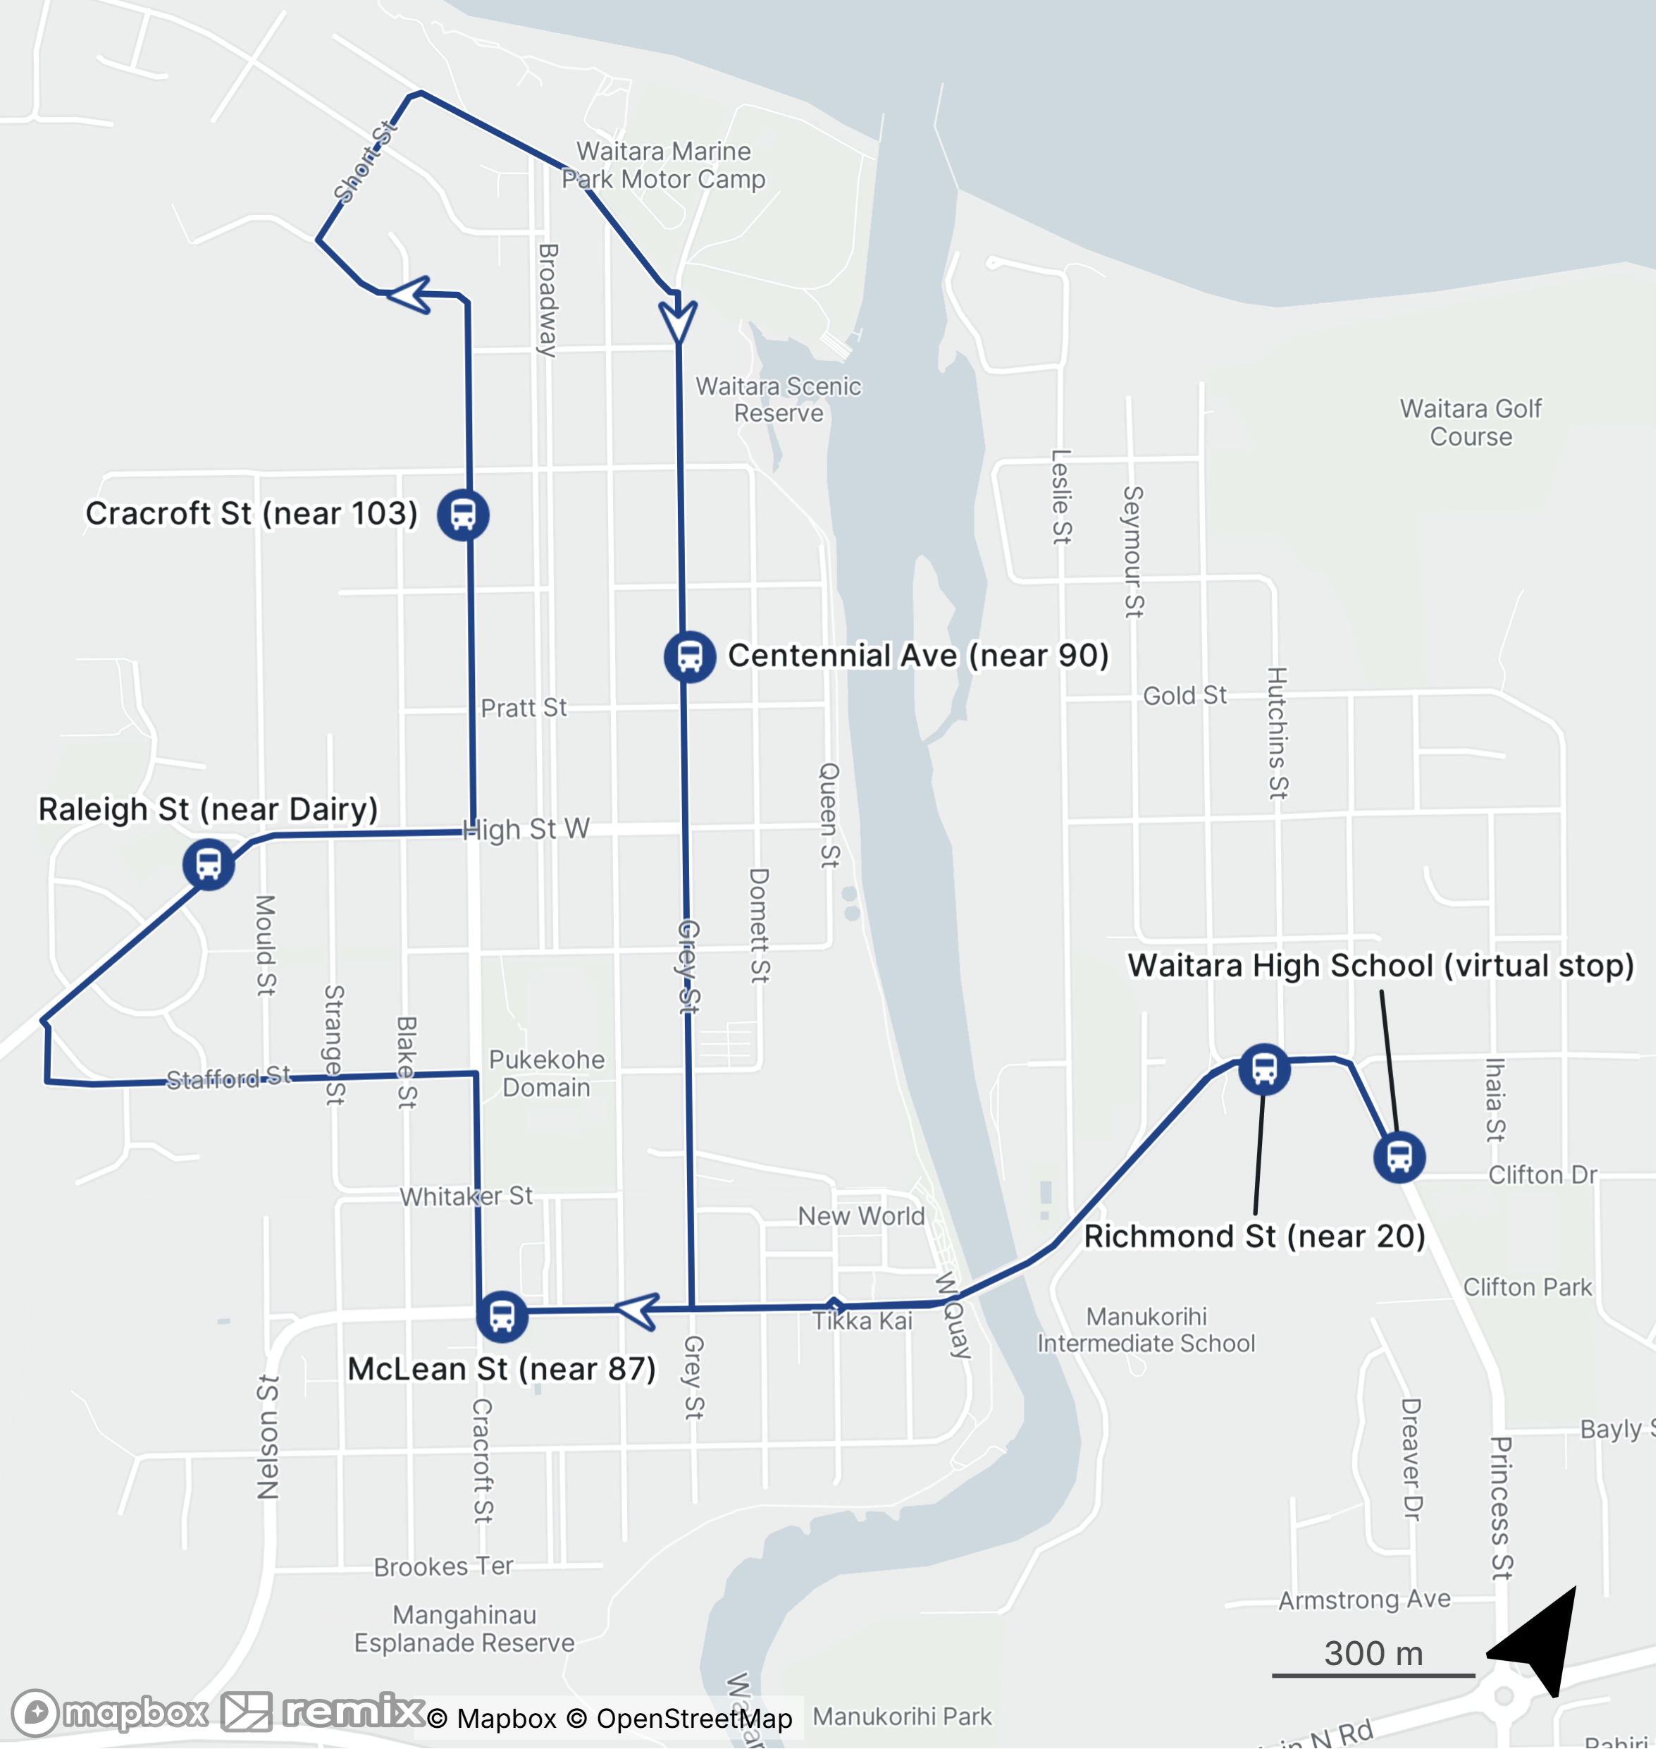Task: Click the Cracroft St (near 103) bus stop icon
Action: [463, 515]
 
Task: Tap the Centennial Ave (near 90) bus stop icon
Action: [689, 657]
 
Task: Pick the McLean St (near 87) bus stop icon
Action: [502, 1315]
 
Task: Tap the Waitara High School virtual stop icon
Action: [1399, 1157]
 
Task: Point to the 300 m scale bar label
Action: [1373, 1652]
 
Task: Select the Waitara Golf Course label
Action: [1471, 423]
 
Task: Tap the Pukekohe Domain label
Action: [547, 1074]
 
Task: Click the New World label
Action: [861, 1216]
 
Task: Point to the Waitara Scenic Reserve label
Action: [778, 400]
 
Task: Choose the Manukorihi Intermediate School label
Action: [1146, 1330]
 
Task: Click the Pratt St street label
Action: [524, 707]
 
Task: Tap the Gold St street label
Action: [1184, 696]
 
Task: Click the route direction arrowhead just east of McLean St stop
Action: [638, 1311]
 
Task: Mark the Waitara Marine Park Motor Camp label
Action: [663, 166]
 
